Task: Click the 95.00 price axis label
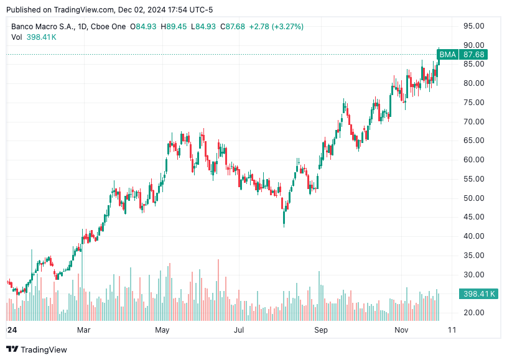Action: pyautogui.click(x=474, y=26)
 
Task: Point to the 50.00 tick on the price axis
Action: pyautogui.click(x=474, y=198)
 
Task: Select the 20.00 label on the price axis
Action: pyautogui.click(x=474, y=312)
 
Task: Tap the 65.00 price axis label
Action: pyautogui.click(x=474, y=141)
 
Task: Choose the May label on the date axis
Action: pyautogui.click(x=162, y=330)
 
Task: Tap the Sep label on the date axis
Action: pyautogui.click(x=320, y=330)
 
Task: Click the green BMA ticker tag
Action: pyautogui.click(x=447, y=55)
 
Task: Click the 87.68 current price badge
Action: pyautogui.click(x=473, y=55)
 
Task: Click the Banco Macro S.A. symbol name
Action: pyautogui.click(x=42, y=27)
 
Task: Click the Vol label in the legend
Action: pyautogui.click(x=17, y=37)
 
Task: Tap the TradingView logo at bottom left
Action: pyautogui.click(x=37, y=349)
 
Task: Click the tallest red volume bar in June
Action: pyautogui.click(x=218, y=290)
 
